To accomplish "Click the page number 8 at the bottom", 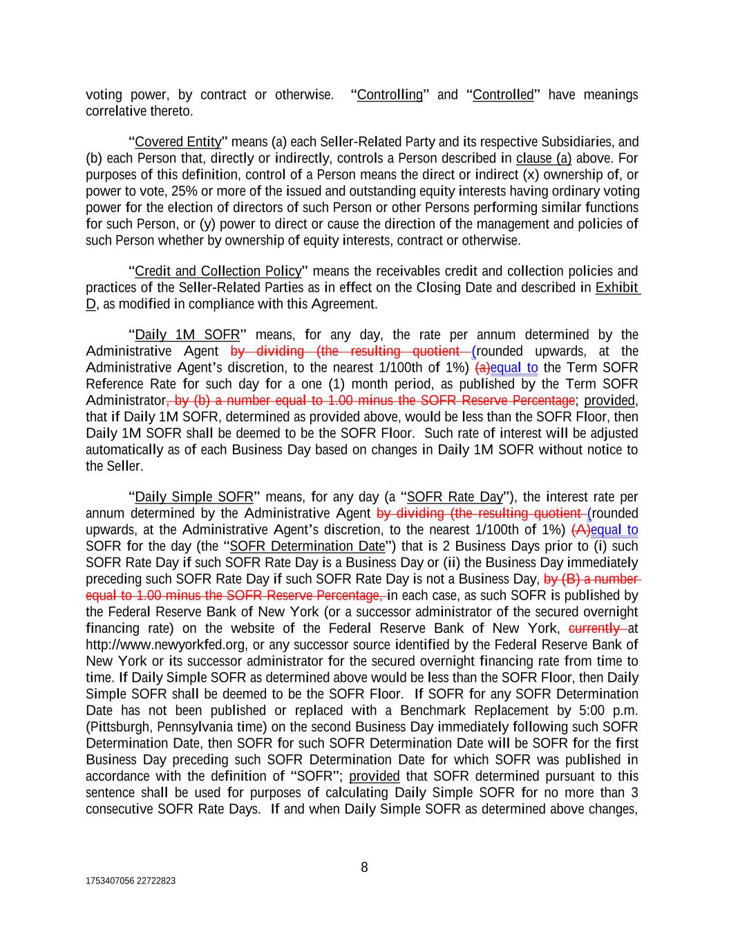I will [364, 868].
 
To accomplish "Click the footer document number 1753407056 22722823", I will [131, 881].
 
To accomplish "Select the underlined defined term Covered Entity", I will [178, 142].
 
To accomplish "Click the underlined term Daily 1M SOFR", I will [187, 335].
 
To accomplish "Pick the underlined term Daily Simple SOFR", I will [193, 497].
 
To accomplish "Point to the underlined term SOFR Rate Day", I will [454, 497].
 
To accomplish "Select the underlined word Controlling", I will [390, 95].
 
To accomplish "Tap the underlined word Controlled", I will [503, 95].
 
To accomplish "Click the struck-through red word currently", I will [594, 628].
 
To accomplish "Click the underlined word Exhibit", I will [617, 287].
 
